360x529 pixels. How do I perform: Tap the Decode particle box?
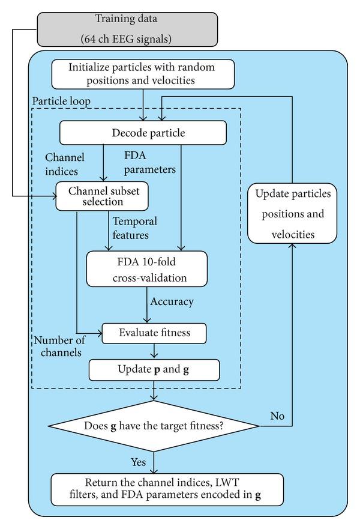(x=142, y=133)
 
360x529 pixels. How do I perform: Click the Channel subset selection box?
(x=101, y=196)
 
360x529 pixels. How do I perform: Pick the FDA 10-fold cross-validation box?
(x=146, y=268)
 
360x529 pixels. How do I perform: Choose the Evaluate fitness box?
(x=154, y=333)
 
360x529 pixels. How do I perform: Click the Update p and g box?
(x=154, y=370)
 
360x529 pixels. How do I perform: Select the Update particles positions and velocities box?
(x=292, y=214)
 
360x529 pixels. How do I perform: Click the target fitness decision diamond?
(x=154, y=427)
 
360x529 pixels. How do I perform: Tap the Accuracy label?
(x=173, y=301)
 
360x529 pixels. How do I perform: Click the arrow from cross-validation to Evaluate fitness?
(x=146, y=306)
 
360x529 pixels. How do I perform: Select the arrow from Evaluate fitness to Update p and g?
(x=154, y=351)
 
